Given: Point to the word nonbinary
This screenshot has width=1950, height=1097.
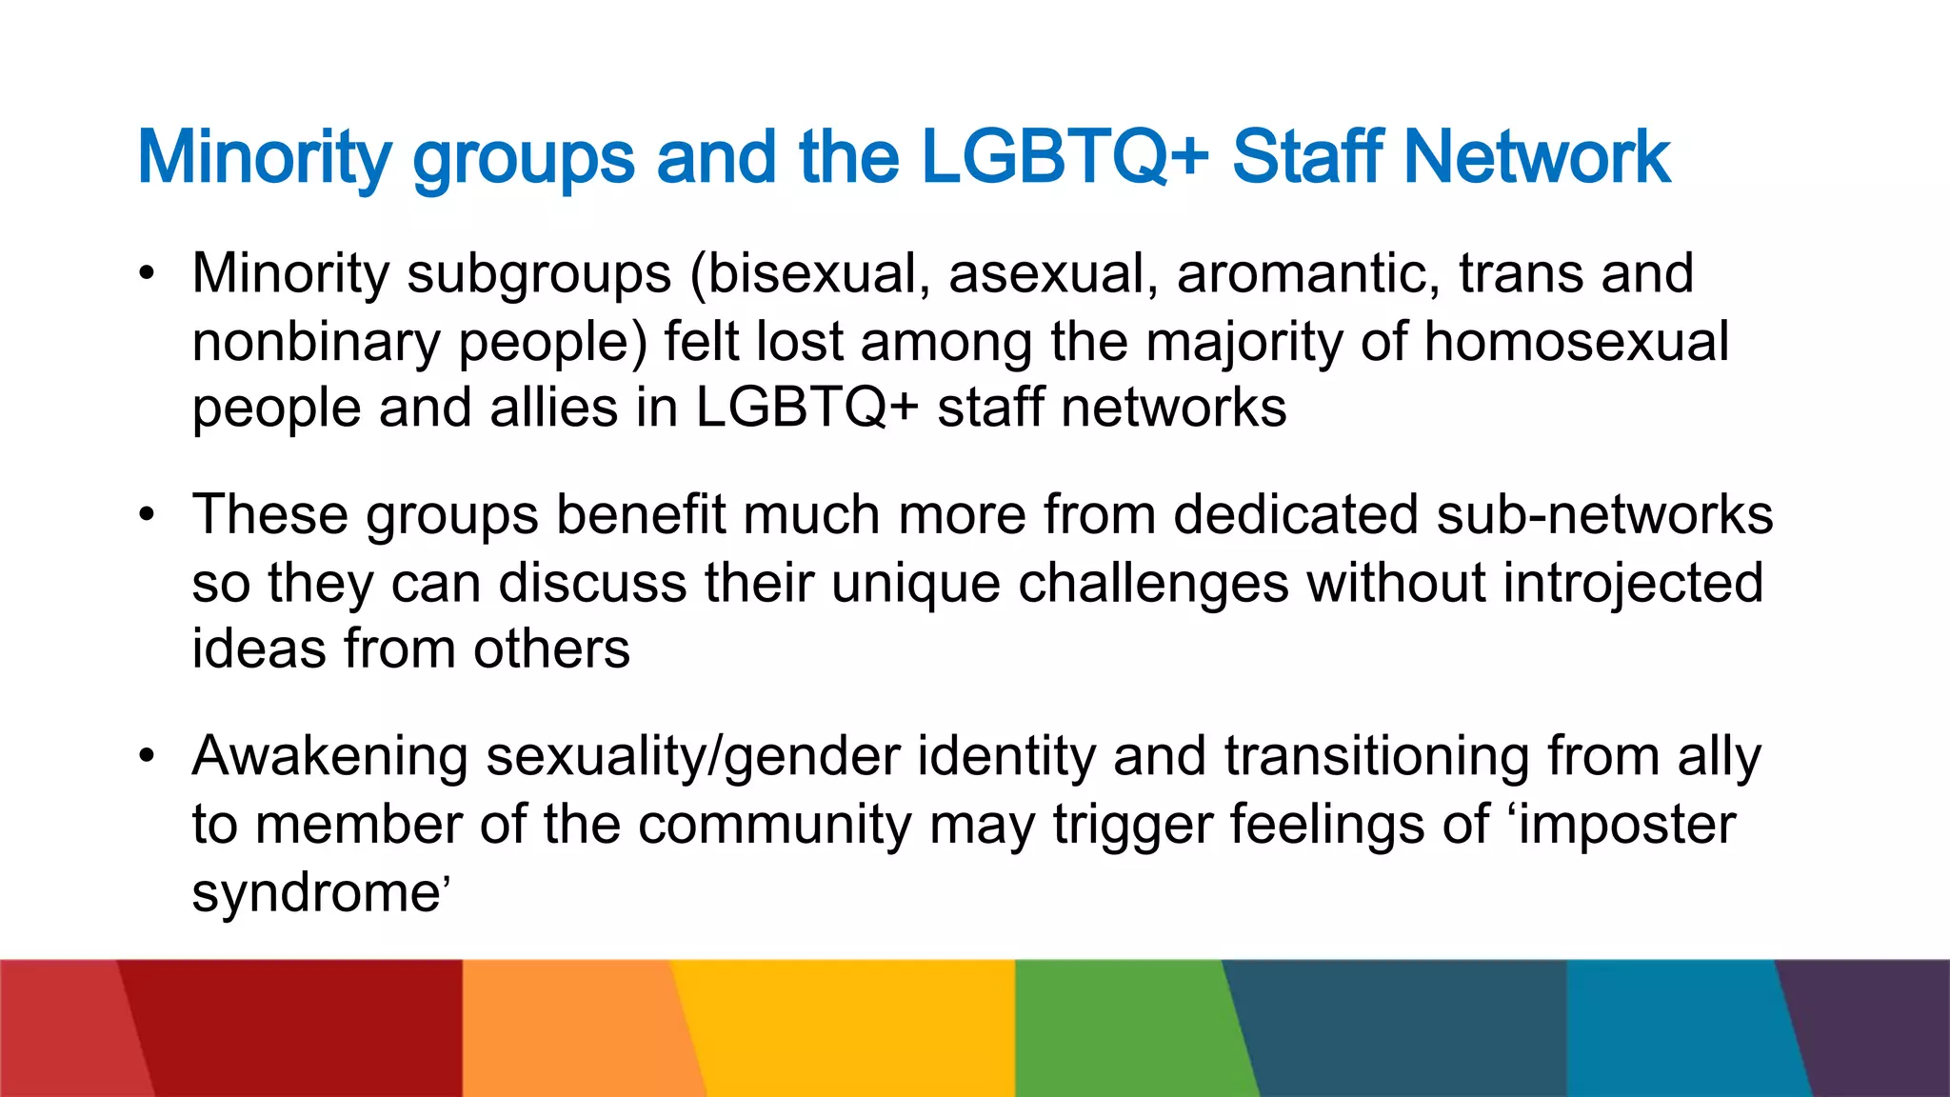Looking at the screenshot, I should [x=315, y=342].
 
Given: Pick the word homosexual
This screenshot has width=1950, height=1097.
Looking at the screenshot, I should [x=1576, y=342].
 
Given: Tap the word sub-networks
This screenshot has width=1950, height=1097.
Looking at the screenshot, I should [x=1603, y=515].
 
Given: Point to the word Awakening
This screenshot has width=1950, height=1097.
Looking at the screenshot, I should [x=329, y=757].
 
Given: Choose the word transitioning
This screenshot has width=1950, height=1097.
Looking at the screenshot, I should [x=1376, y=757].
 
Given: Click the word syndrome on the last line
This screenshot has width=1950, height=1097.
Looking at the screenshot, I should [x=315, y=893].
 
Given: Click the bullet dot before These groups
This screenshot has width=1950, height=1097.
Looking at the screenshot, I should [x=146, y=515].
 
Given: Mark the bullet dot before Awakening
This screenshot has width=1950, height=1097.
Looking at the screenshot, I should [x=146, y=757].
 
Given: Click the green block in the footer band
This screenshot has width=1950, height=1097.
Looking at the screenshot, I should [x=1124, y=1028].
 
